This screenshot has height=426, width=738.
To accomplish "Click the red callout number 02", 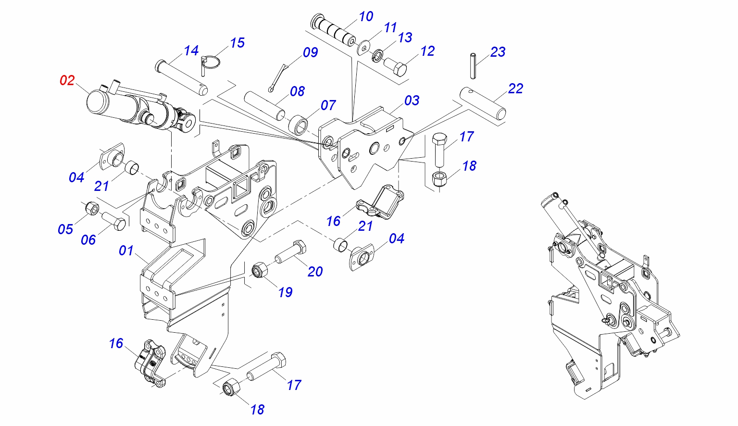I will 67,80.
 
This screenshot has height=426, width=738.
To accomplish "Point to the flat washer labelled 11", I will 364,47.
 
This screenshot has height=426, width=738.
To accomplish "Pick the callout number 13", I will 405,38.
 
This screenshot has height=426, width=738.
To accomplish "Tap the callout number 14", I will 191,50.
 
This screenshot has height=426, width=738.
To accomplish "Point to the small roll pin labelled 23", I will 473,65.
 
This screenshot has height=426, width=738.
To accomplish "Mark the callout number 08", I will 297,91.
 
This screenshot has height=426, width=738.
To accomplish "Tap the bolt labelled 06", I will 114,222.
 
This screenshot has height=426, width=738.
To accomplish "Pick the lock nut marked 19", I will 260,271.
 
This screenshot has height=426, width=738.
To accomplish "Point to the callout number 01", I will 126,251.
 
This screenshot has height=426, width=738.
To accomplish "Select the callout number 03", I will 412,100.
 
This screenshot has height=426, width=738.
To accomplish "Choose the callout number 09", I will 310,52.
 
